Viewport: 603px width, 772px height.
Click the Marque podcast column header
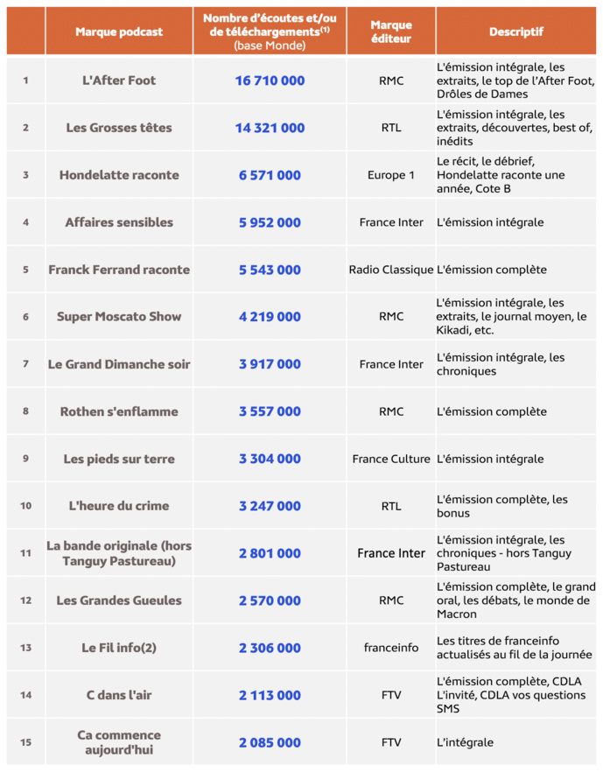pyautogui.click(x=119, y=32)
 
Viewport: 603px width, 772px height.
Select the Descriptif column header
pyautogui.click(x=515, y=32)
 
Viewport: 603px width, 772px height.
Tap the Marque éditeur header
pyautogui.click(x=391, y=32)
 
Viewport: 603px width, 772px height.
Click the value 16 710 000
pyautogui.click(x=270, y=81)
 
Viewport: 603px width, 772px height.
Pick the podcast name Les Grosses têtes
pyautogui.click(x=119, y=128)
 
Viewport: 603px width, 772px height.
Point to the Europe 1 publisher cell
pyautogui.click(x=391, y=175)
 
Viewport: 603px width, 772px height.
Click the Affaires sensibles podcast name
pyautogui.click(x=119, y=222)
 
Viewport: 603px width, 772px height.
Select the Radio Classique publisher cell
pyautogui.click(x=391, y=270)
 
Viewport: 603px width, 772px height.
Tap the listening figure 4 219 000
pyautogui.click(x=270, y=317)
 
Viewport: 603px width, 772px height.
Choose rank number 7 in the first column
pyautogui.click(x=25, y=364)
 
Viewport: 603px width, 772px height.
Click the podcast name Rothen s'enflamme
pyautogui.click(x=119, y=411)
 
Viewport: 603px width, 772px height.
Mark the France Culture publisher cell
pyautogui.click(x=391, y=459)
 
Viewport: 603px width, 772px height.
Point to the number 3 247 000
pyautogui.click(x=270, y=506)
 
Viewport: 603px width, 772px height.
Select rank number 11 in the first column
pyautogui.click(x=25, y=553)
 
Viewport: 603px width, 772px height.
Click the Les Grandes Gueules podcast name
pyautogui.click(x=119, y=600)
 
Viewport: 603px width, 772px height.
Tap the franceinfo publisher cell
pyautogui.click(x=391, y=648)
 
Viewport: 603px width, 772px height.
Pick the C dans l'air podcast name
pyautogui.click(x=119, y=695)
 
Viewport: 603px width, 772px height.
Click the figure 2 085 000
pyautogui.click(x=270, y=742)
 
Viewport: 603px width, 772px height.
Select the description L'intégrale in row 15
pyautogui.click(x=465, y=742)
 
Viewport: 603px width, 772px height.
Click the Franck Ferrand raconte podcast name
pyautogui.click(x=119, y=270)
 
